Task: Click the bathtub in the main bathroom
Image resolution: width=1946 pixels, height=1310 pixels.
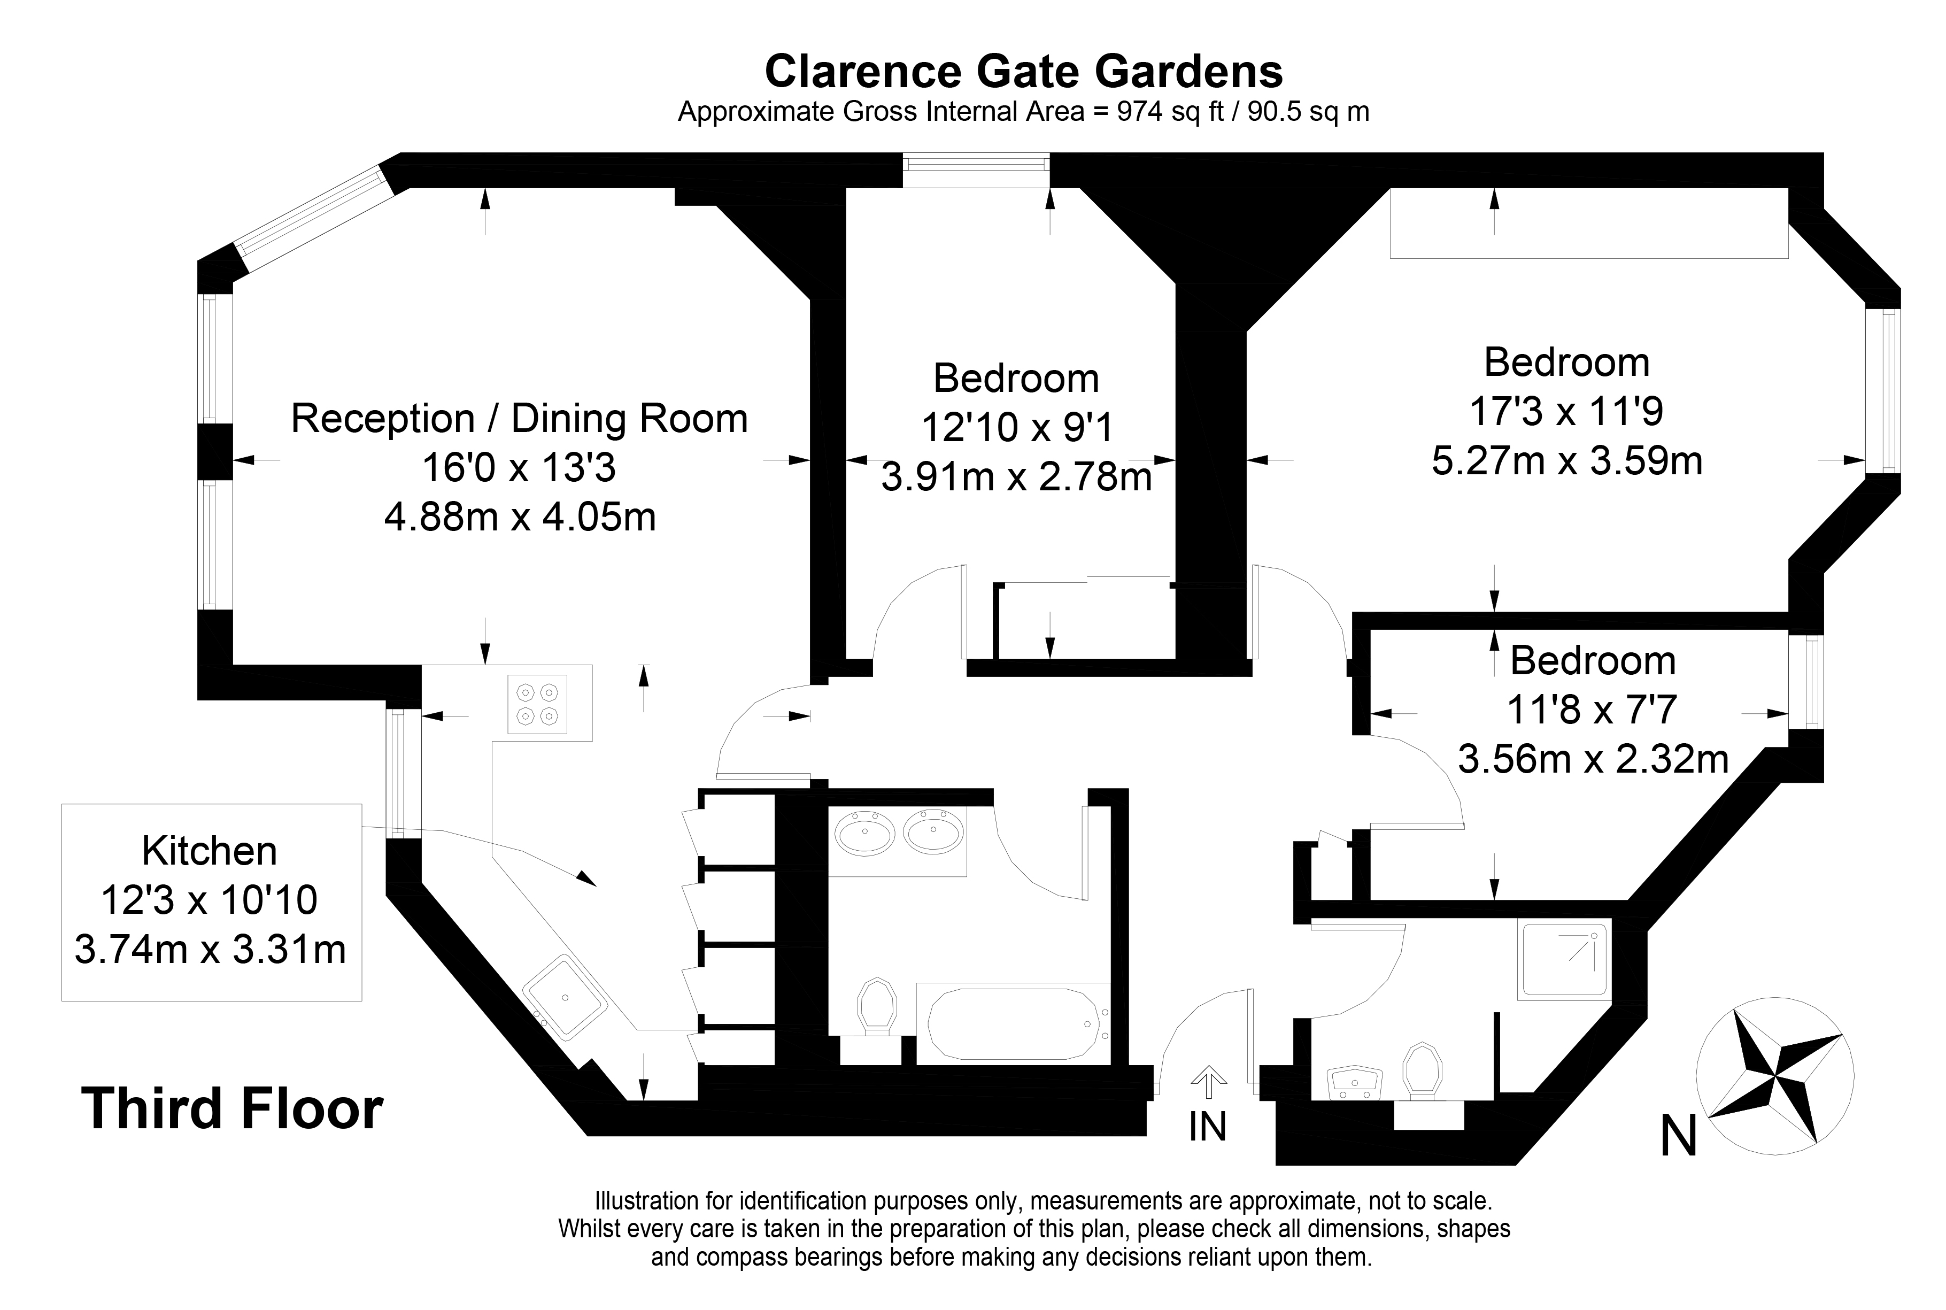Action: [1013, 1023]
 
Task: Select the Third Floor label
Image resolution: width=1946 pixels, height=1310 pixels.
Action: [232, 1108]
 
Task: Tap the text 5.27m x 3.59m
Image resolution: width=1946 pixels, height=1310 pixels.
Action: [1567, 461]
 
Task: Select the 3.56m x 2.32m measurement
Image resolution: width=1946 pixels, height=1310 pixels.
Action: [1593, 759]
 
